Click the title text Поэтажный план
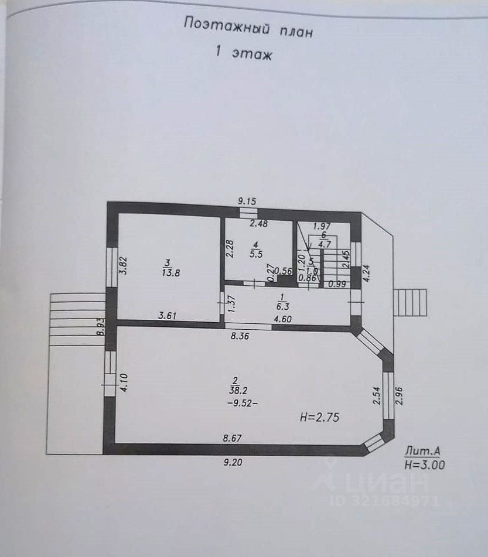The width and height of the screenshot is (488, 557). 248,27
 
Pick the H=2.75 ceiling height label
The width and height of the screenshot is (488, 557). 319,418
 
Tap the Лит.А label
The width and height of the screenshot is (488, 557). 422,451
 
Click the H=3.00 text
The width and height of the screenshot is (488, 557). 424,466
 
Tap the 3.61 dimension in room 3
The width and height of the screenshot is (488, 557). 168,316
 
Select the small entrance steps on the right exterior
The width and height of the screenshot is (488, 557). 410,302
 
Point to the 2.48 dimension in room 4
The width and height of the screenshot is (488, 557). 258,223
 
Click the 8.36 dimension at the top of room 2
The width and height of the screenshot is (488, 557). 240,336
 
